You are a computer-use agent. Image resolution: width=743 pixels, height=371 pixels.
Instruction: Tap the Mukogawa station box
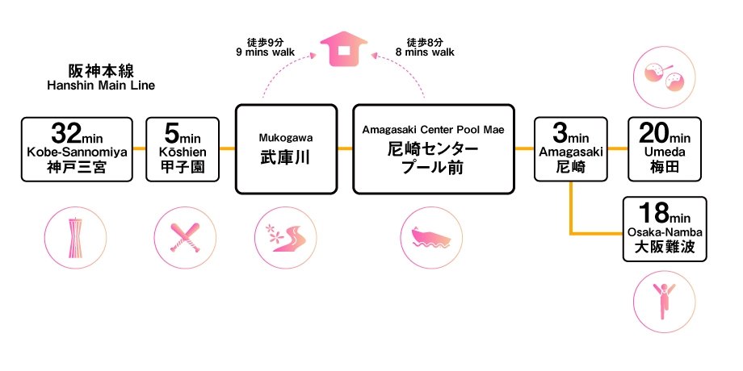[x=286, y=148]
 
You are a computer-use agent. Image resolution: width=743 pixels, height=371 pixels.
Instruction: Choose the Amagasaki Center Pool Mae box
[x=434, y=148]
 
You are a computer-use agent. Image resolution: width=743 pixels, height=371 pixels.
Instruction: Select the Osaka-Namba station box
[x=665, y=229]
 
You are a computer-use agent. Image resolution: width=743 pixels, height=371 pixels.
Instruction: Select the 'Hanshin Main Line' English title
[x=100, y=85]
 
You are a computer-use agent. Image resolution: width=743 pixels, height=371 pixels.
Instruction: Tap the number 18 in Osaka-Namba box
[x=653, y=213]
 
